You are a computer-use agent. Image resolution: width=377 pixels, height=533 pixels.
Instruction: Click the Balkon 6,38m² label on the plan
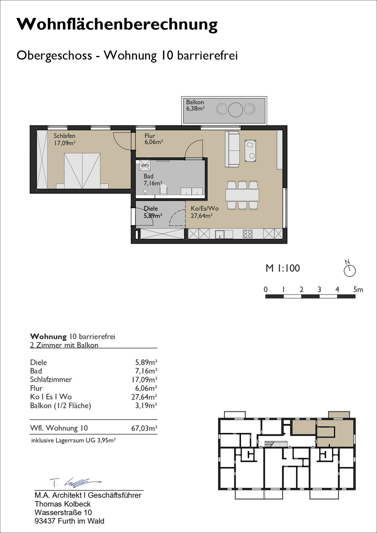pyautogui.click(x=195, y=105)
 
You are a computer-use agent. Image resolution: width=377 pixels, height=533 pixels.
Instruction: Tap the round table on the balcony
pyautogui.click(x=236, y=110)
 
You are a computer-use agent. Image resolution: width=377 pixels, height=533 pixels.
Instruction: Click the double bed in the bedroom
pyautogui.click(x=82, y=171)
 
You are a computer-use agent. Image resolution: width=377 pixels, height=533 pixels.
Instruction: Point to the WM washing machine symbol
pyautogui.click(x=145, y=165)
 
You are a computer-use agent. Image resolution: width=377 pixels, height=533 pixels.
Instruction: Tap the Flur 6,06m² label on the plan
pyautogui.click(x=154, y=139)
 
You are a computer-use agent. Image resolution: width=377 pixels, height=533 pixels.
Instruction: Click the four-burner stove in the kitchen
pyautogui.click(x=248, y=234)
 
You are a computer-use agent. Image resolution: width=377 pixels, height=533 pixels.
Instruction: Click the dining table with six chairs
pyautogui.click(x=242, y=195)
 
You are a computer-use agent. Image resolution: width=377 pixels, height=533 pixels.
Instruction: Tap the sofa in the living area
pyautogui.click(x=232, y=149)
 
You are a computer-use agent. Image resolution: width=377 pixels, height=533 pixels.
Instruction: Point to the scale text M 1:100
pyautogui.click(x=282, y=268)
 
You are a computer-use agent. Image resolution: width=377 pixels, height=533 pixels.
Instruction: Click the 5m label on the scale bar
pyautogui.click(x=358, y=289)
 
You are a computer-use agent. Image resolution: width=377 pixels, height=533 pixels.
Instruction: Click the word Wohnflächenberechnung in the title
pyautogui.click(x=117, y=24)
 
